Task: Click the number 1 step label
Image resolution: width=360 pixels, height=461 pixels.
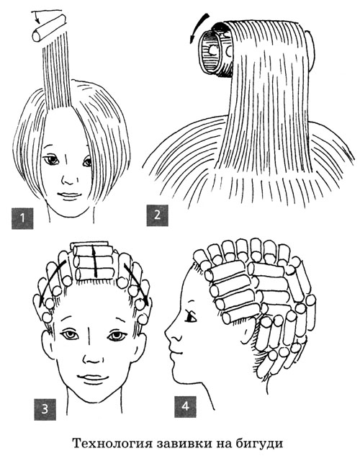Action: tap(22, 218)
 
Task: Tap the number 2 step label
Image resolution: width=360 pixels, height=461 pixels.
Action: tap(158, 215)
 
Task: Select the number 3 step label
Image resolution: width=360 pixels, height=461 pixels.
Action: tap(45, 409)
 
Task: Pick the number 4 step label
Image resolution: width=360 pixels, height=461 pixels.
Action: tap(185, 406)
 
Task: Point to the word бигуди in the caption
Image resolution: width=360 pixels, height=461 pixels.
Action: tap(259, 444)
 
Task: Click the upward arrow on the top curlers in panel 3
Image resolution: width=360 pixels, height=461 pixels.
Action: tap(95, 261)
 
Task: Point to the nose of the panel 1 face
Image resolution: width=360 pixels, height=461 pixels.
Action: tap(68, 179)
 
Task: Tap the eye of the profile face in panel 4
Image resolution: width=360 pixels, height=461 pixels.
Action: tap(192, 317)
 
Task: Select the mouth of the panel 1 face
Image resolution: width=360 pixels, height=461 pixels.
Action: tap(69, 195)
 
